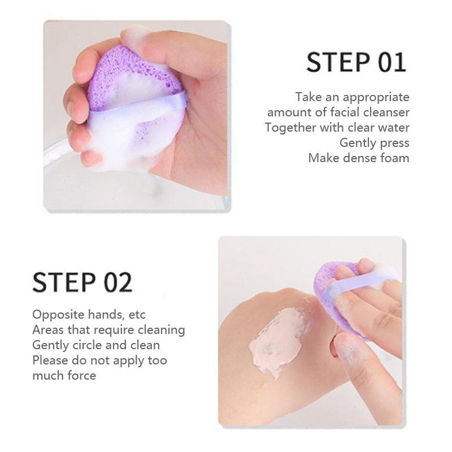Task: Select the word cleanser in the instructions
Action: click(386, 112)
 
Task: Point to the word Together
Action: click(290, 128)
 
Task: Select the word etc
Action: click(137, 315)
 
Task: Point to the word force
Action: click(82, 376)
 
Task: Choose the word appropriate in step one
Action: click(376, 97)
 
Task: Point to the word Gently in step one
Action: click(355, 143)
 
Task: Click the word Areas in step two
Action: click(48, 330)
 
